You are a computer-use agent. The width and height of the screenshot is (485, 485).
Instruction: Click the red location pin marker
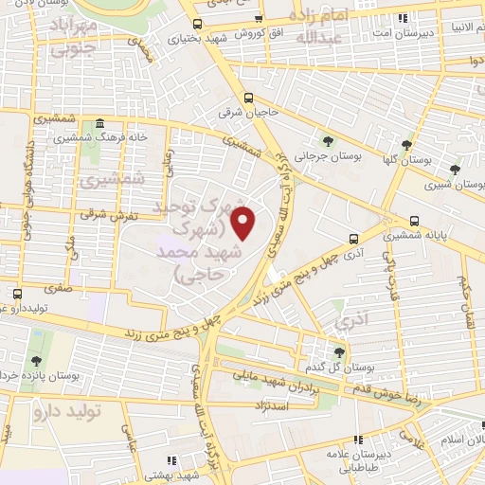[x=244, y=224]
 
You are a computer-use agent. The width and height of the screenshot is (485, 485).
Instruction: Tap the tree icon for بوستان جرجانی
[x=328, y=142]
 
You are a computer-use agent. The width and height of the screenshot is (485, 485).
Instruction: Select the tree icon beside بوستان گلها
[x=406, y=145]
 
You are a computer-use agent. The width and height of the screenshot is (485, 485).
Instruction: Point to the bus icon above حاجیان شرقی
[x=248, y=98]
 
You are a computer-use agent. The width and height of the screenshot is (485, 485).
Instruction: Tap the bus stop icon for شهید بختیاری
[x=196, y=24]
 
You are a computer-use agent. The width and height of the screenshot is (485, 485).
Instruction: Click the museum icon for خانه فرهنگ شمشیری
[x=99, y=124]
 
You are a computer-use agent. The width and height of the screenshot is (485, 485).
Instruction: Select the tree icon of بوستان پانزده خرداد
[x=36, y=360]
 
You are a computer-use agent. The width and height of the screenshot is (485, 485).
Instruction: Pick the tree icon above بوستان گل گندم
[x=339, y=352]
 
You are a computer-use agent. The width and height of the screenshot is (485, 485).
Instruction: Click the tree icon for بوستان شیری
[x=456, y=170]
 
